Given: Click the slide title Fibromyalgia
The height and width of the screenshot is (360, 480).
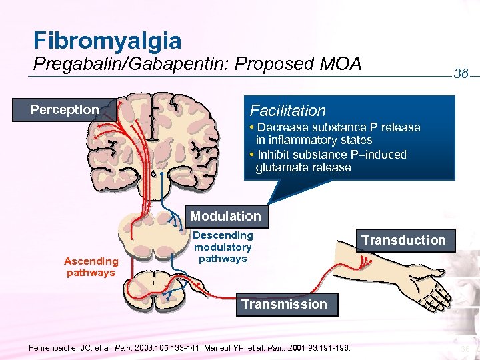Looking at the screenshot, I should [x=107, y=41].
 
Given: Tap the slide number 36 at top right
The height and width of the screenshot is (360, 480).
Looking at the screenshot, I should [x=461, y=74].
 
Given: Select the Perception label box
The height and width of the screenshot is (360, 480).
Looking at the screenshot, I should [x=65, y=109].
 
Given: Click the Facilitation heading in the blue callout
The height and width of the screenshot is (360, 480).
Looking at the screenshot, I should [x=287, y=111].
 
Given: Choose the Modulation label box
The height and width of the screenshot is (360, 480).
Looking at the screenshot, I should [x=225, y=216].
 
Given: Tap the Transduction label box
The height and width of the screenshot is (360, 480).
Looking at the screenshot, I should [x=403, y=240].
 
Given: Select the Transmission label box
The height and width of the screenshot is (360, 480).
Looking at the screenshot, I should [x=284, y=304].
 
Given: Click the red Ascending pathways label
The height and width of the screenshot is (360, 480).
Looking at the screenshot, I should [x=91, y=267].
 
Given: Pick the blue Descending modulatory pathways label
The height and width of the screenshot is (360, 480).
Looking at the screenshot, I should [x=223, y=247].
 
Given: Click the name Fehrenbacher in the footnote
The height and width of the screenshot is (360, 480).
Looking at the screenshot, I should [x=56, y=347].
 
